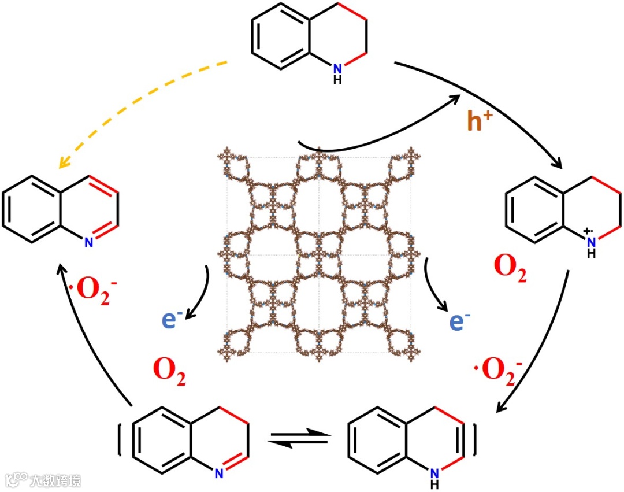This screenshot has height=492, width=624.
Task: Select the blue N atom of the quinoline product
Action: pyautogui.click(x=88, y=243)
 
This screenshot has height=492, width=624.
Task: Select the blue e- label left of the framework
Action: pyautogui.click(x=173, y=319)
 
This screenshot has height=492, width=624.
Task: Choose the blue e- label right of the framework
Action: pyautogui.click(x=459, y=320)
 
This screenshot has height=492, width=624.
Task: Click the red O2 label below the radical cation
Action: pyautogui.click(x=510, y=269)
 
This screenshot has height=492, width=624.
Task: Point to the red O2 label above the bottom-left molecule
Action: pyautogui.click(x=169, y=370)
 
